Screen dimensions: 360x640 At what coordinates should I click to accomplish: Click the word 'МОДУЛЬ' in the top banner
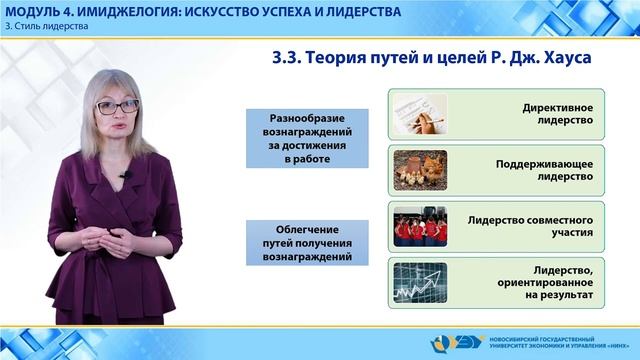(33, 11)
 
